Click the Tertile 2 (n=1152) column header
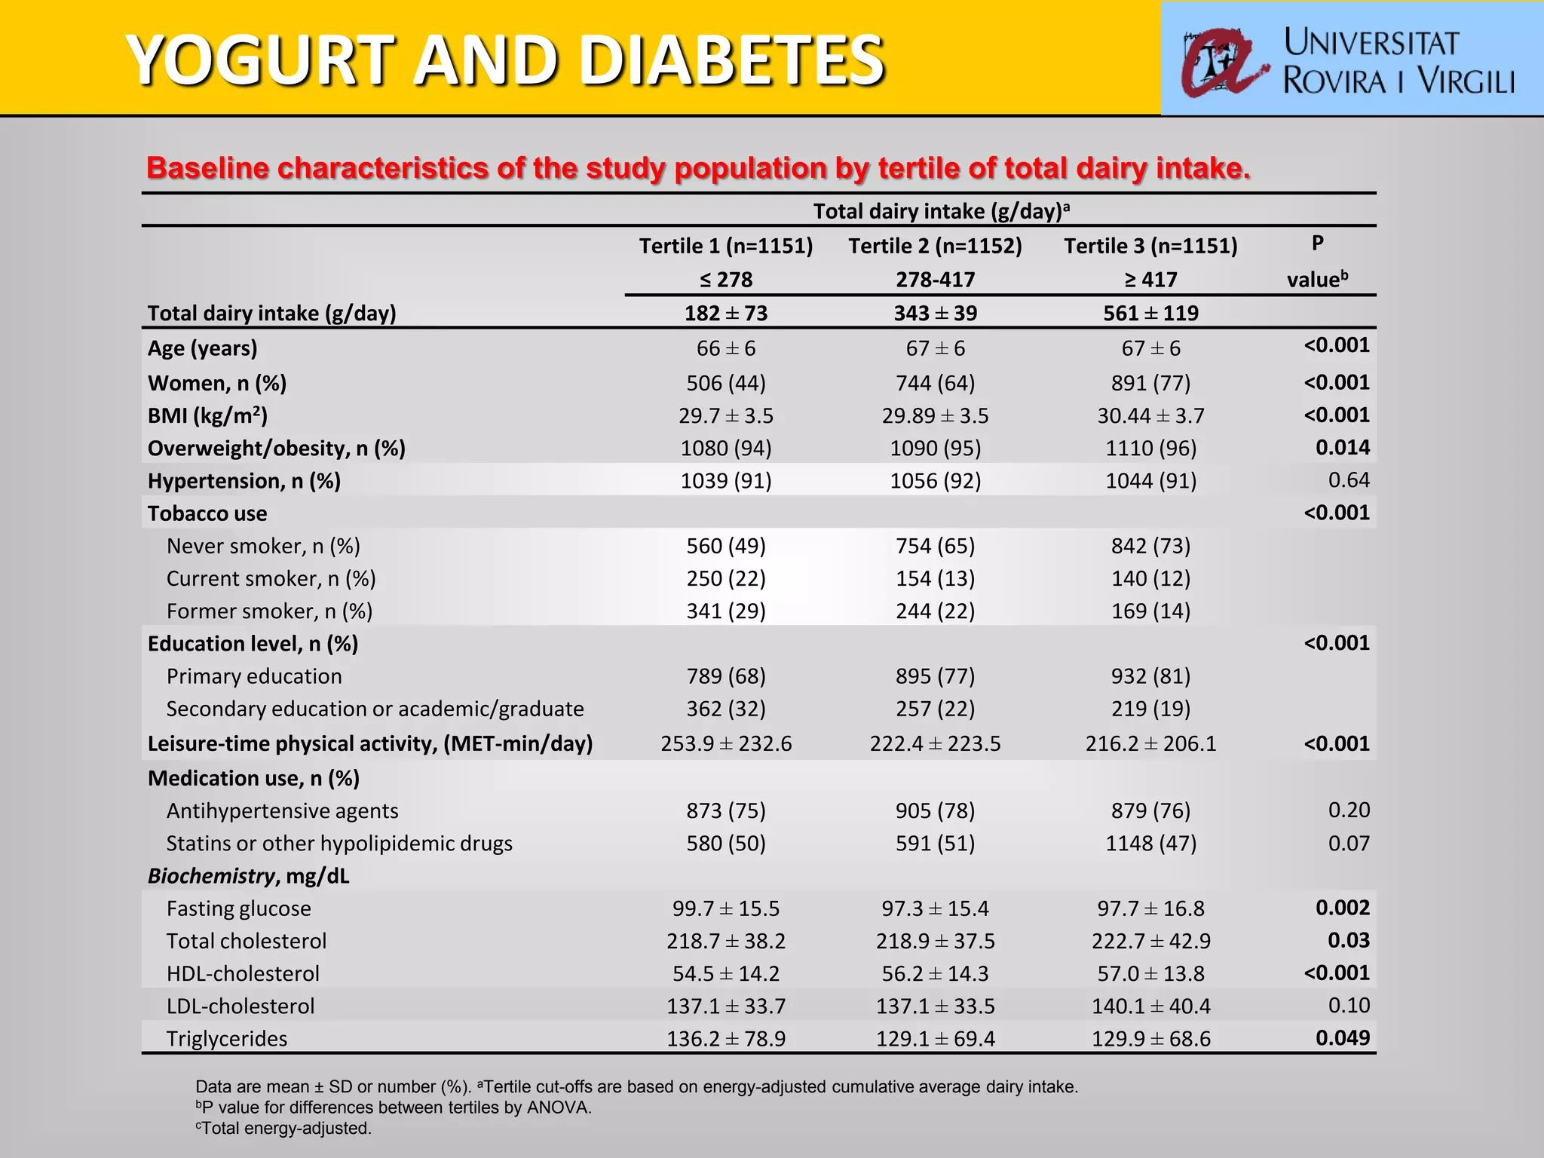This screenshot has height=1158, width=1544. coord(935,247)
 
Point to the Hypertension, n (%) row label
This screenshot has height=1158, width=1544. coord(244,481)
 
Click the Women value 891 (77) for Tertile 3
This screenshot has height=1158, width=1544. coord(1150,383)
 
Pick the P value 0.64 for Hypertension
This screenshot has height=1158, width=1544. coord(1348,480)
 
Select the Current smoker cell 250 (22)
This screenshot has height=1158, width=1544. coord(725,578)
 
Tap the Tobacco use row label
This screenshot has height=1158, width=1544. coord(207,513)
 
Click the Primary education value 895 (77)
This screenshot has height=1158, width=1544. coord(935,676)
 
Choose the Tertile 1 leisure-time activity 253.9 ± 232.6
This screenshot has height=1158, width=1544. coord(725,744)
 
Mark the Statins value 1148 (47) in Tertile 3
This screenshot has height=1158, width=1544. coord(1150,843)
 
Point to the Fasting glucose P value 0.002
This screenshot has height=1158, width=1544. coord(1342,908)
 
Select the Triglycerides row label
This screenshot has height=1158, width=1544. coord(227,1039)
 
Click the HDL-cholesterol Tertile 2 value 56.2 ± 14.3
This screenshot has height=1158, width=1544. coord(935,973)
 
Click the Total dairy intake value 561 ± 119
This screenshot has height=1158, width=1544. coord(1150,313)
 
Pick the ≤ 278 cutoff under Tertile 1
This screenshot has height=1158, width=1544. coord(725,280)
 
